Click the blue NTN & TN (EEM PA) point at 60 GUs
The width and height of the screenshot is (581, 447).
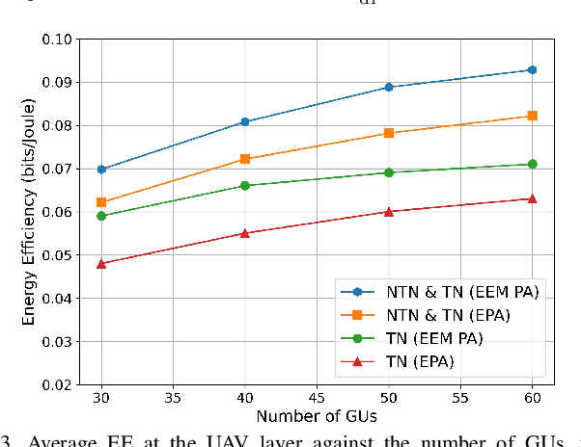[x=532, y=69]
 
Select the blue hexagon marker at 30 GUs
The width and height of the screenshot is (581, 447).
[x=101, y=169]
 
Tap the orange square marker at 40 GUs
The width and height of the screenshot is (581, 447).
[x=245, y=159]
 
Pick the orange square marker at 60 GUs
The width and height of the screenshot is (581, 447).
[x=532, y=116]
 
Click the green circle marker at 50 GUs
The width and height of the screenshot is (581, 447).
[x=389, y=172]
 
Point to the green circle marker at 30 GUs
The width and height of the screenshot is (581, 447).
[x=101, y=216]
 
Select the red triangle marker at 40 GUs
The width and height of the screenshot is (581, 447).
[x=245, y=233]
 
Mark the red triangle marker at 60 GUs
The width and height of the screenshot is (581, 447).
[x=532, y=198]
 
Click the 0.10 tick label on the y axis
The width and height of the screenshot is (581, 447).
[x=58, y=39]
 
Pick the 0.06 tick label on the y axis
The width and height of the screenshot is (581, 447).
[x=58, y=212]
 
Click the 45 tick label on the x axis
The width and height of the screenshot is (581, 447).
[x=318, y=398]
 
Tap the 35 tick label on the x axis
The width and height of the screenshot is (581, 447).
[x=174, y=398]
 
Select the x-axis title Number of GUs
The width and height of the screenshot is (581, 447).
[x=316, y=416]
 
